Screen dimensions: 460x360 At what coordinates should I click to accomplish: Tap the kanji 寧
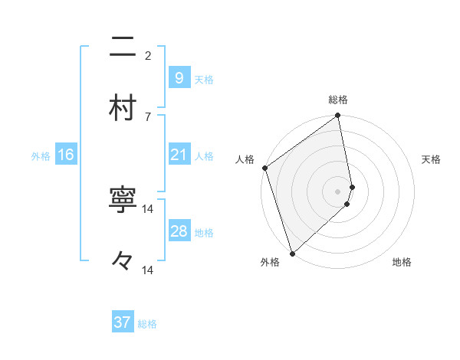123,201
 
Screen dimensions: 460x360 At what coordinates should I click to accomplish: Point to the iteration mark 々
123,262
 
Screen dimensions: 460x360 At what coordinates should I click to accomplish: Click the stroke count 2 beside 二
147,55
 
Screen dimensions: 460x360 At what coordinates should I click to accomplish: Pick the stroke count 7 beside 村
147,116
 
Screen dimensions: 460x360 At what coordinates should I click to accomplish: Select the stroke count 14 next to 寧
148,209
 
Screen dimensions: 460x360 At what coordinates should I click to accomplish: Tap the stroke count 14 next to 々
148,270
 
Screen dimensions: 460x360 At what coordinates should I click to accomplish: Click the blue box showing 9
179,77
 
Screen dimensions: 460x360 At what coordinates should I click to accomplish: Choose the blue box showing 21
179,155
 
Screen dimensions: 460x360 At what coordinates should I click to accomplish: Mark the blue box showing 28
179,231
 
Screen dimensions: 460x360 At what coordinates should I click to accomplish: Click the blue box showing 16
65,155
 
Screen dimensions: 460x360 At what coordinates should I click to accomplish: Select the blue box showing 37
122,322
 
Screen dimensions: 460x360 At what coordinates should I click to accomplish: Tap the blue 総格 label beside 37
147,324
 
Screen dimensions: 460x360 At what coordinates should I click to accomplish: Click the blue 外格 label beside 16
41,156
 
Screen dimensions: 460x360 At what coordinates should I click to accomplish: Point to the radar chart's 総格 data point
337,116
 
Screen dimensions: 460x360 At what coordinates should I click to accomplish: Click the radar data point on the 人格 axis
264,168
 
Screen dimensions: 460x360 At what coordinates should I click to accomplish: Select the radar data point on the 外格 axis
292,253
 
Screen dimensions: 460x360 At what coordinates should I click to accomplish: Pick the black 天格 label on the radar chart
432,159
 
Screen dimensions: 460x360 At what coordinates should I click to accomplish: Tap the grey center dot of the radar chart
337,191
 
